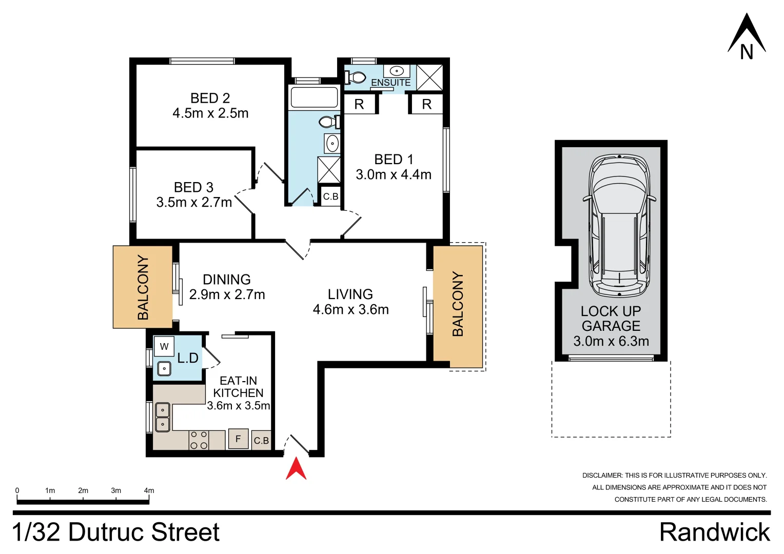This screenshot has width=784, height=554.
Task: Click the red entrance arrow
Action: click(296, 469)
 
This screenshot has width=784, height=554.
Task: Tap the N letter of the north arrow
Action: click(747, 52)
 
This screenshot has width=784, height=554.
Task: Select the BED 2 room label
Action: click(210, 98)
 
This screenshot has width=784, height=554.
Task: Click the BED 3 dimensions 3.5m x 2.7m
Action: click(194, 203)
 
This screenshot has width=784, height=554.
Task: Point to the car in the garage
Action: click(619, 226)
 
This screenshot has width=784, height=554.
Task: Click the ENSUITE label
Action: click(390, 83)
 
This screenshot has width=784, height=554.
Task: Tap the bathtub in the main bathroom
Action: click(314, 97)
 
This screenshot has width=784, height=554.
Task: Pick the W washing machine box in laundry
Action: click(164, 346)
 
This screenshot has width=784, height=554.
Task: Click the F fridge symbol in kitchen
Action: click(238, 439)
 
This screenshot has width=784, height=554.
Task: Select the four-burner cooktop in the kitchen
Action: click(199, 440)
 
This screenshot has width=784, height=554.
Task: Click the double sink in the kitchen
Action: click(163, 417)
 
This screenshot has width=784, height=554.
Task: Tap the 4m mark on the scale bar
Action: click(149, 490)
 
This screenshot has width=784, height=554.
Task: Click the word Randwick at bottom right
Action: click(714, 532)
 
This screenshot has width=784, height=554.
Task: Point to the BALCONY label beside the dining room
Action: click(143, 287)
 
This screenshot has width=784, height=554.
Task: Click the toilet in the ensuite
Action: click(356, 77)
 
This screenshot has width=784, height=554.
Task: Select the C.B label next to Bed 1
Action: click(330, 196)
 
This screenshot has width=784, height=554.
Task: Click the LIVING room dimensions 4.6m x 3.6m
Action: click(350, 309)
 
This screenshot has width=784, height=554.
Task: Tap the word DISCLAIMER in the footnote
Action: click(601, 476)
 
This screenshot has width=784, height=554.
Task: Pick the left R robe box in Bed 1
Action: click(359, 104)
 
